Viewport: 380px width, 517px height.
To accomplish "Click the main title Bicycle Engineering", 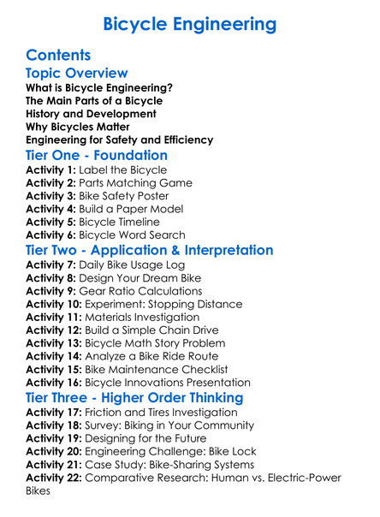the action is (190, 23).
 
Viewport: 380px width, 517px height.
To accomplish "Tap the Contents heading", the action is (58, 56).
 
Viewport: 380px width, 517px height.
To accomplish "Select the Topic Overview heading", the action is (77, 74).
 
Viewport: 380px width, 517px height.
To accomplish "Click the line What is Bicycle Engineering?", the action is (99, 88).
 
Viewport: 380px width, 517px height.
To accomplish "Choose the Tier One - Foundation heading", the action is (97, 155).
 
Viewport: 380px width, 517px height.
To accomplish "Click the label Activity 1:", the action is (50, 170).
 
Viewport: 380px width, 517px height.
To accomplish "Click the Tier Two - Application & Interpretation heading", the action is (150, 250).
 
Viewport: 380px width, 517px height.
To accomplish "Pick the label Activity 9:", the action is (50, 291).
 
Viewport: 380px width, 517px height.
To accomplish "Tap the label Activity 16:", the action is (53, 383).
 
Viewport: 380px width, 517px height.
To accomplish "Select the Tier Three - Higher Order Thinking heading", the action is (134, 398).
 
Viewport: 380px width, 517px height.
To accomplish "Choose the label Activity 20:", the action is (53, 451).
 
